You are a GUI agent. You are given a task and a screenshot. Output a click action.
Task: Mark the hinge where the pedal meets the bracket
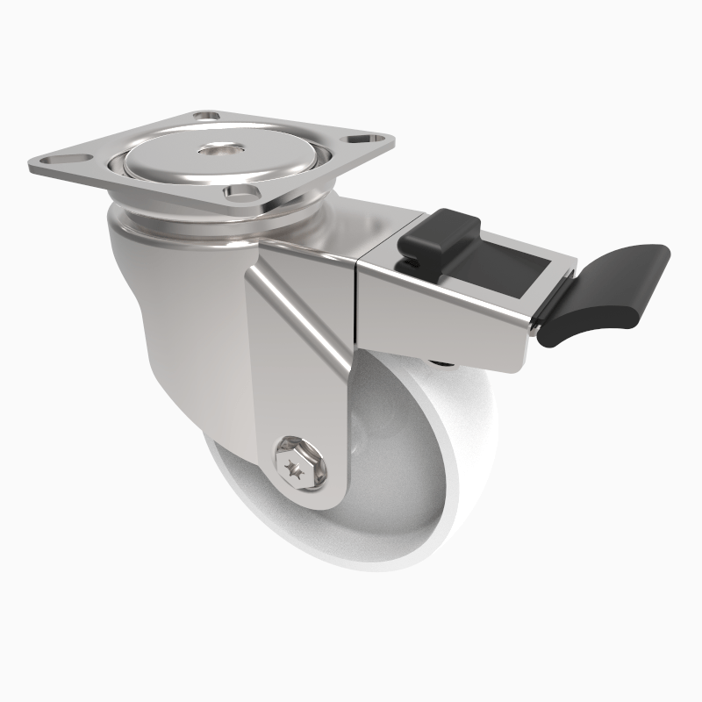538,322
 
